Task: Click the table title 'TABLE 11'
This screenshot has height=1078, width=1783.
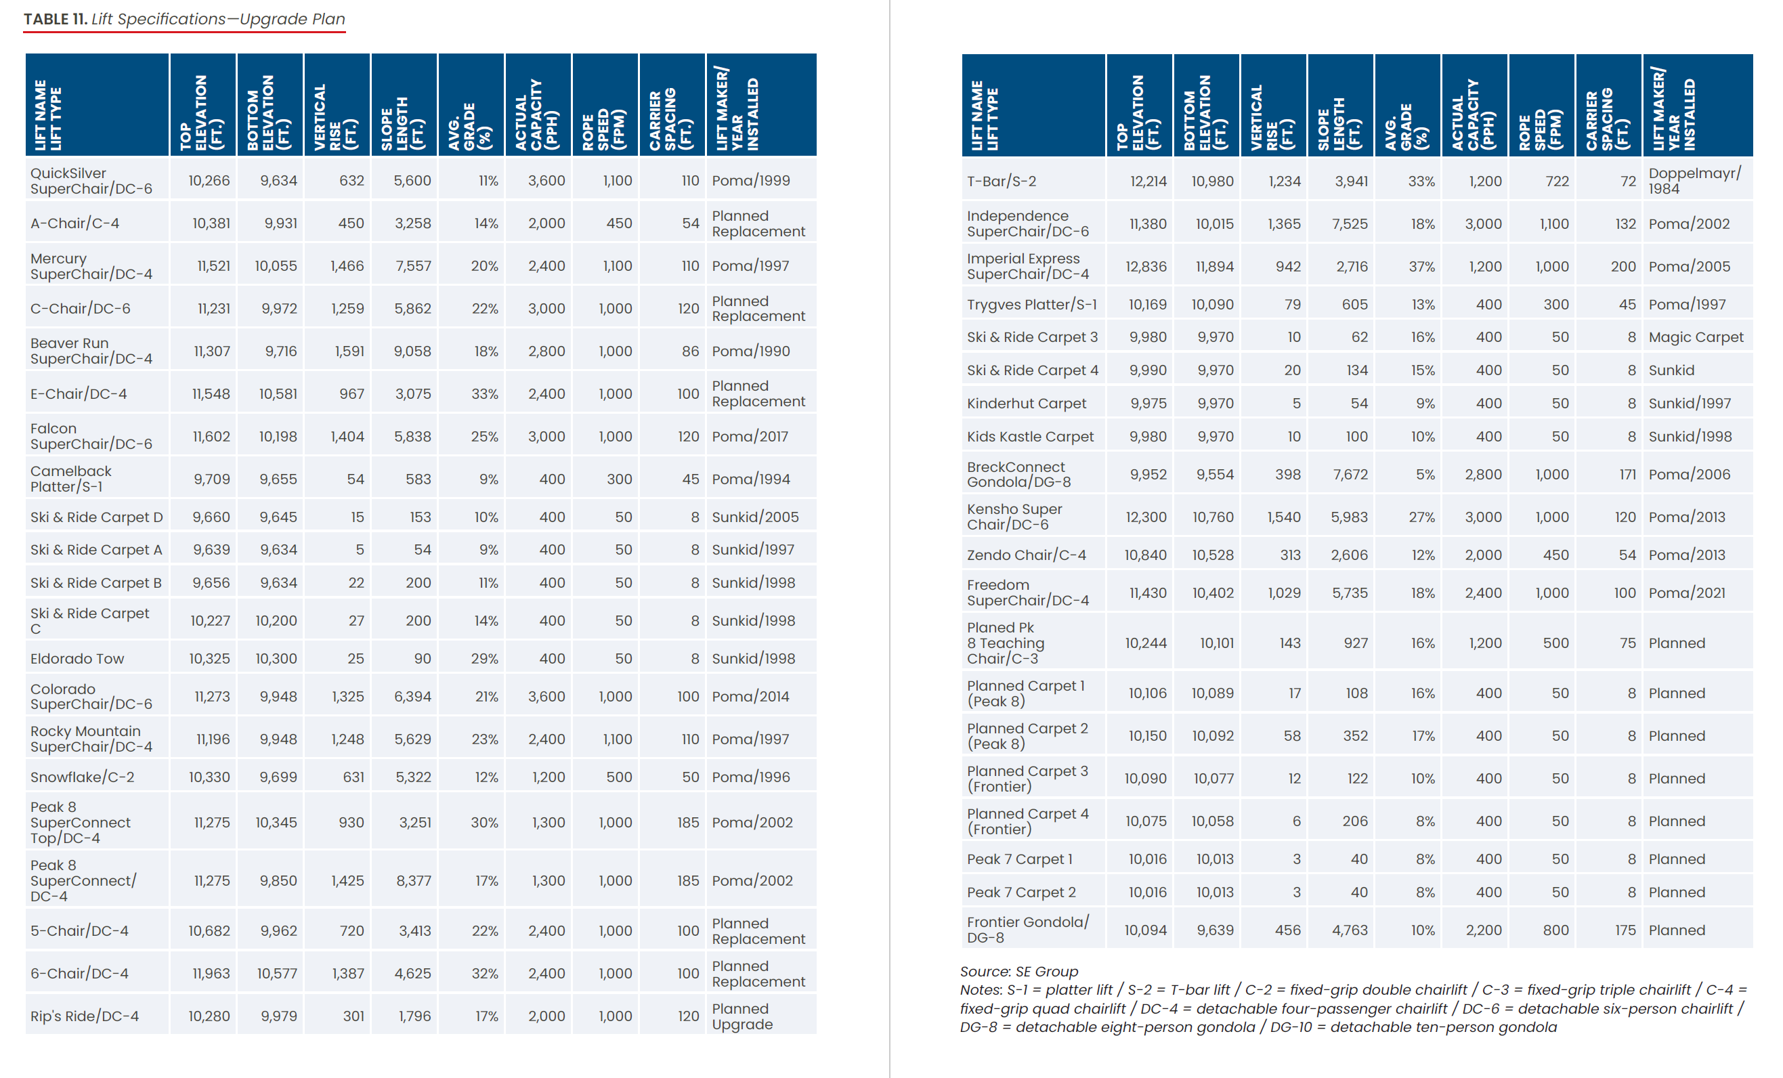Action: pyautogui.click(x=55, y=20)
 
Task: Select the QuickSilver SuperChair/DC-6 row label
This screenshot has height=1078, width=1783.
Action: pyautogui.click(x=91, y=181)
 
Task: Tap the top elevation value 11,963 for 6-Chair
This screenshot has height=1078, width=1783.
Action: pyautogui.click(x=211, y=974)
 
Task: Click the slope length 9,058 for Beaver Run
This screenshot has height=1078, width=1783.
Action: pyautogui.click(x=412, y=351)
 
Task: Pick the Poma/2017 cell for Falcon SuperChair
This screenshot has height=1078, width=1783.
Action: pyautogui.click(x=750, y=437)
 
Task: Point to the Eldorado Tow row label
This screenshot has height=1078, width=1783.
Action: pyautogui.click(x=77, y=659)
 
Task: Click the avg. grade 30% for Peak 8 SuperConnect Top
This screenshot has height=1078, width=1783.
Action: pyautogui.click(x=484, y=823)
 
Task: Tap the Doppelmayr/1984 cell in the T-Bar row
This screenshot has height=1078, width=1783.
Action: pyautogui.click(x=1694, y=181)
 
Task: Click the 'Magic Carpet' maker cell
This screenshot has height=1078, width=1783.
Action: pyautogui.click(x=1696, y=337)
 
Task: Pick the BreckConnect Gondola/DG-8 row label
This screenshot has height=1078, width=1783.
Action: pyautogui.click(x=1018, y=475)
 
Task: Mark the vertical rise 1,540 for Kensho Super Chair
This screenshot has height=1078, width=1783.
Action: pyautogui.click(x=1284, y=517)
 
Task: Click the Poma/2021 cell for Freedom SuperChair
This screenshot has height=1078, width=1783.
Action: pyautogui.click(x=1687, y=593)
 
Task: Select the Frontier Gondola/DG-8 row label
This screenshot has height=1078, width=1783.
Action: pyautogui.click(x=1027, y=930)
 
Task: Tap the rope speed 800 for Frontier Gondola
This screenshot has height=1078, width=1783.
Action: pyautogui.click(x=1555, y=930)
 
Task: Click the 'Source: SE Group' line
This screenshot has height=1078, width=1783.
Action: pyautogui.click(x=1018, y=972)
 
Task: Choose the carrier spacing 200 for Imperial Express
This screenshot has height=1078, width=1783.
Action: pyautogui.click(x=1623, y=267)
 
